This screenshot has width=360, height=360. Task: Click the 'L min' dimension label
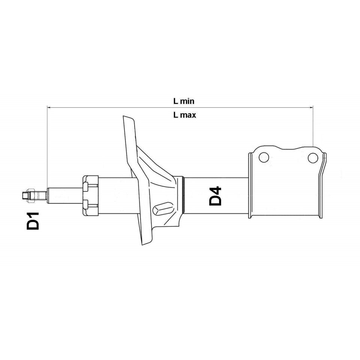coord(184,101)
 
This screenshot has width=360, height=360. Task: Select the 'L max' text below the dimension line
coord(184,115)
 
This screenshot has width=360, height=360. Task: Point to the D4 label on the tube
coord(216,196)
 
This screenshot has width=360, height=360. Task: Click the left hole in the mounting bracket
coord(264,157)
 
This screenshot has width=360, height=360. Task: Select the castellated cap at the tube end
coord(90,196)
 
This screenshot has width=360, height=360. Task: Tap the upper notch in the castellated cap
coord(86,186)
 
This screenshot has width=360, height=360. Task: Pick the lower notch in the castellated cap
coord(86,204)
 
